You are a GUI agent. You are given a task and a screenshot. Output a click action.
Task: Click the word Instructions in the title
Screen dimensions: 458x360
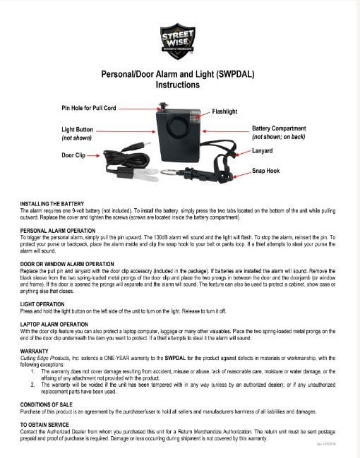point(177,84)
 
